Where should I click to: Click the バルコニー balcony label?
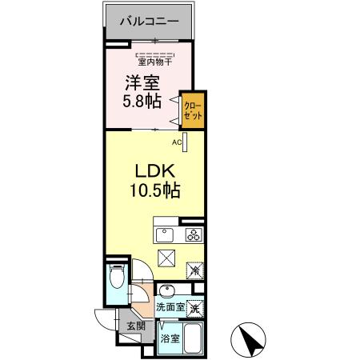point(148,22)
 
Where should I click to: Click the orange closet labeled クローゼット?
point(193,108)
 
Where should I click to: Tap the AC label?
point(177,142)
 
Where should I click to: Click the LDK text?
point(154,172)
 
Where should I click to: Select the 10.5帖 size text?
point(154,193)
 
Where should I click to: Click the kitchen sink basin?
point(163,235)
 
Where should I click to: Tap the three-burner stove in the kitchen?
point(194,234)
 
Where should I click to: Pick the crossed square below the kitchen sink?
point(167,258)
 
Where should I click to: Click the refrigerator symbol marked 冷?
point(195,270)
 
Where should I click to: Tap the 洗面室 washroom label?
point(170,307)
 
